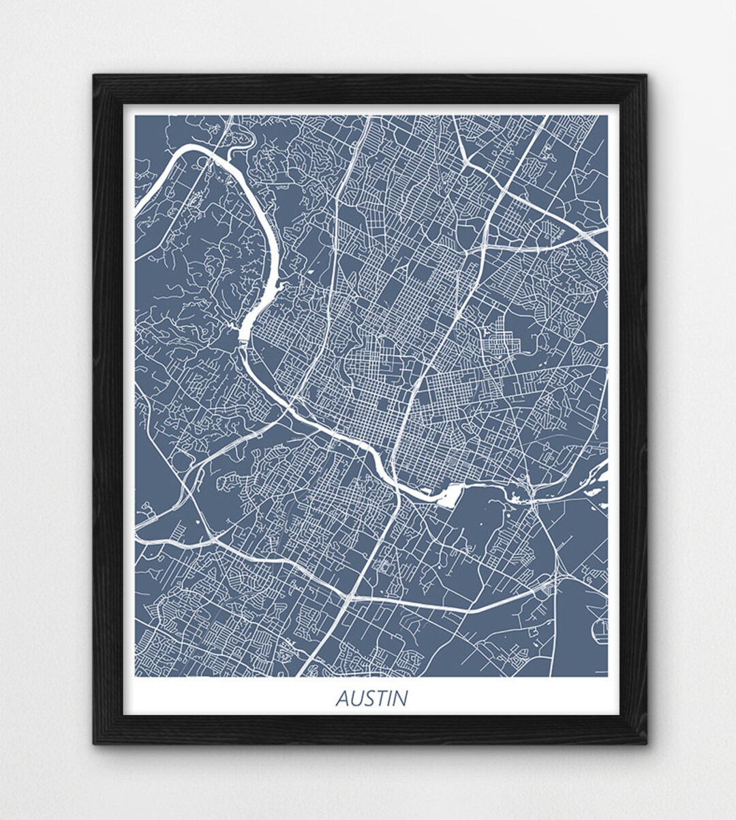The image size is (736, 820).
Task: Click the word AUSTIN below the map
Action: tap(372, 699)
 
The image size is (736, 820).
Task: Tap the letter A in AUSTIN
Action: tap(343, 699)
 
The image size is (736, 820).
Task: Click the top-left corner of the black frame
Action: tap(94, 76)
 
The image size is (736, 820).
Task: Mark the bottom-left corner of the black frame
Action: tap(94, 743)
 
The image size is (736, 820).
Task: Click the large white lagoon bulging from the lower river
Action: tap(448, 496)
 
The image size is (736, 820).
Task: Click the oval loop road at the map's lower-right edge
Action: tap(600, 631)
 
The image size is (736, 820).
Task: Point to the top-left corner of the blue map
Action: tap(135, 116)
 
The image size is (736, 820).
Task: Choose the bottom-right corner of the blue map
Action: tap(607, 676)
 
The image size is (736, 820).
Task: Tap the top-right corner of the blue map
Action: tap(607, 116)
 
